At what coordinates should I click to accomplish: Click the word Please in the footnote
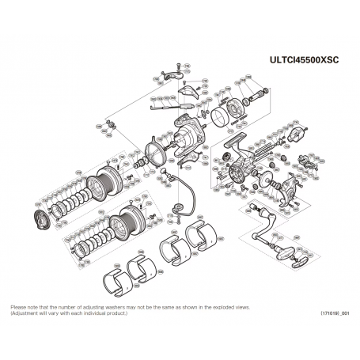point(17,307)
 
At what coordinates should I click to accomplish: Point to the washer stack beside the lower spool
point(95,236)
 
